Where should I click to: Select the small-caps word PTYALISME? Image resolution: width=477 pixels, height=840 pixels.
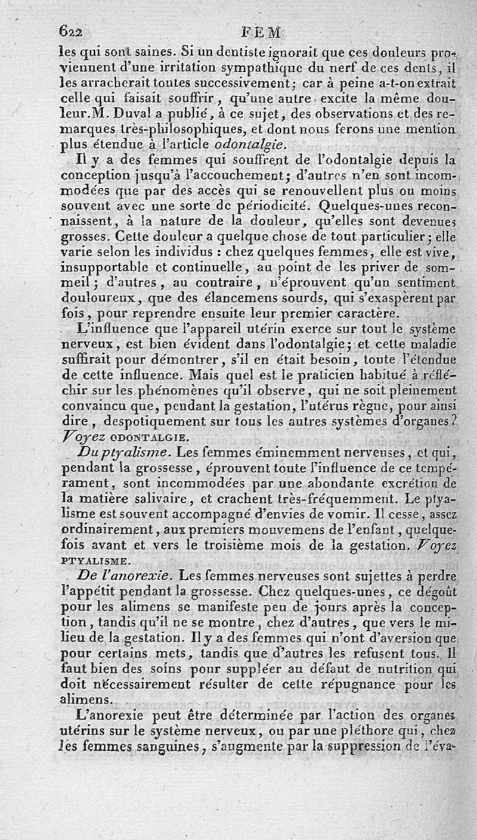[94, 561]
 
